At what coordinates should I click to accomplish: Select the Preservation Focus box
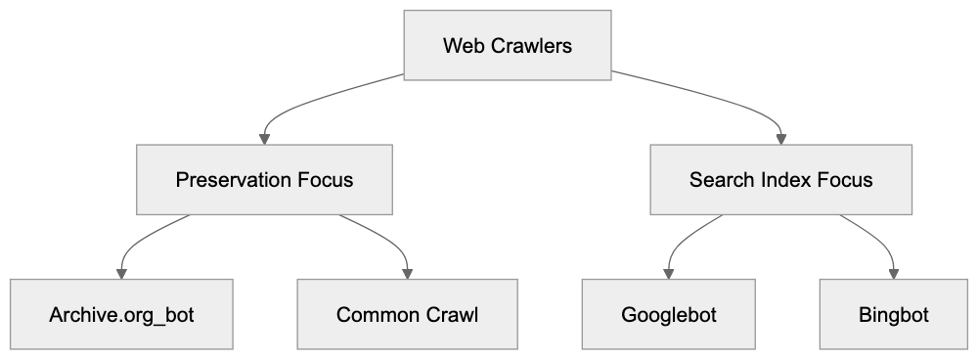264,180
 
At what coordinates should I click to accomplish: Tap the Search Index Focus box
780,180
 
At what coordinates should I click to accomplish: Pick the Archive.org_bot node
122,315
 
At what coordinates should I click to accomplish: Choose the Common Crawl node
408,315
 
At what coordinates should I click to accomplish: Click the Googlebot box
668,315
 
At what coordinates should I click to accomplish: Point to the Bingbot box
893,315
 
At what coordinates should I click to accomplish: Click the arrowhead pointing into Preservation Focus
264,139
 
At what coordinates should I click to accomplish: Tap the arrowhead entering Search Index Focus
780,139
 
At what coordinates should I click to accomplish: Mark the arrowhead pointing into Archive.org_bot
122,273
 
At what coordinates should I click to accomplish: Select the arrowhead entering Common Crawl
408,273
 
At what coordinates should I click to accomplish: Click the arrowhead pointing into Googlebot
668,273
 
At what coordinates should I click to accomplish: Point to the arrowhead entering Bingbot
893,273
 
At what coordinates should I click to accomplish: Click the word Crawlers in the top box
534,46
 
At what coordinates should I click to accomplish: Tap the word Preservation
233,181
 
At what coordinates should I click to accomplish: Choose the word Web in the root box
460,46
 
